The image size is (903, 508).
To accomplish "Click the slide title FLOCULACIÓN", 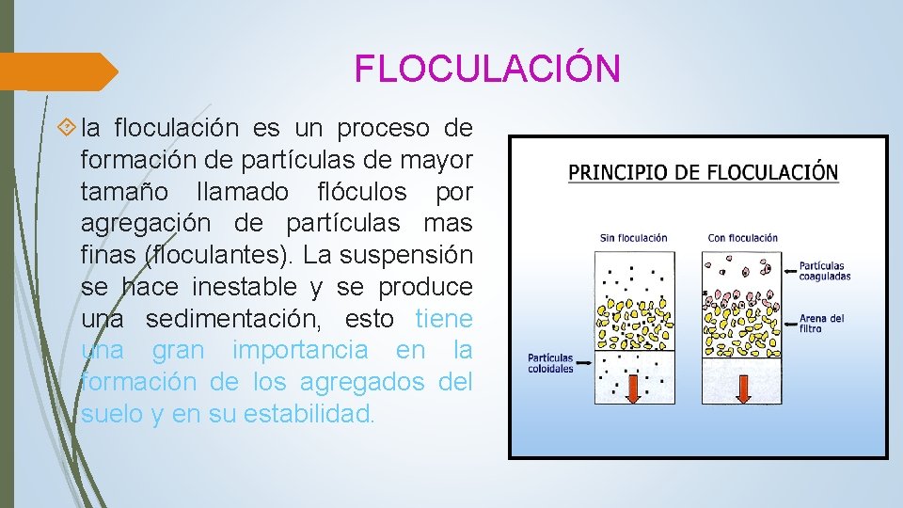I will point(487,69).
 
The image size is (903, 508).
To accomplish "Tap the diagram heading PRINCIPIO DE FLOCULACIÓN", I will point(703,173).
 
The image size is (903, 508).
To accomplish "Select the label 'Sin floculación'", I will point(633,238).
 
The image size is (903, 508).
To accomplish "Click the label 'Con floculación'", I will point(742,238).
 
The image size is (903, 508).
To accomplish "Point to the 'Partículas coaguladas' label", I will point(824,271).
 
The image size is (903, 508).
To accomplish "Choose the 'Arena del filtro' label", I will point(821,323).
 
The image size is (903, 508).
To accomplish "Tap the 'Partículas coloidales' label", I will point(550,363).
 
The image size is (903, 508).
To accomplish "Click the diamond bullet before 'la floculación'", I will point(67,127).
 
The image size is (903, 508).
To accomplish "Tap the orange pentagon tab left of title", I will point(56,71).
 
